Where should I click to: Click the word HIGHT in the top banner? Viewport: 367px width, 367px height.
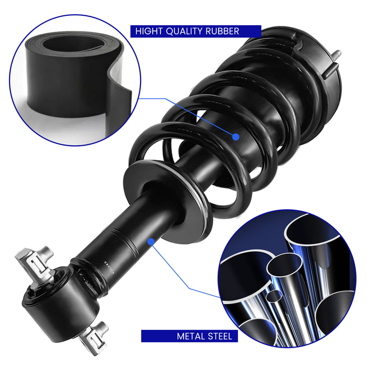point(149,31)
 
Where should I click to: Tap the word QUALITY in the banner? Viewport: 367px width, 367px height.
point(184,31)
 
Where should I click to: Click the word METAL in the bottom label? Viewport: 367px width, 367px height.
point(188,337)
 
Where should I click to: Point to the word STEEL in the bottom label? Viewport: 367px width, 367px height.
point(217,337)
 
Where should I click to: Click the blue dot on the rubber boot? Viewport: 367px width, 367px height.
point(236,137)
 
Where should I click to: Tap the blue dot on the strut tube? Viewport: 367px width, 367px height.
point(151,242)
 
